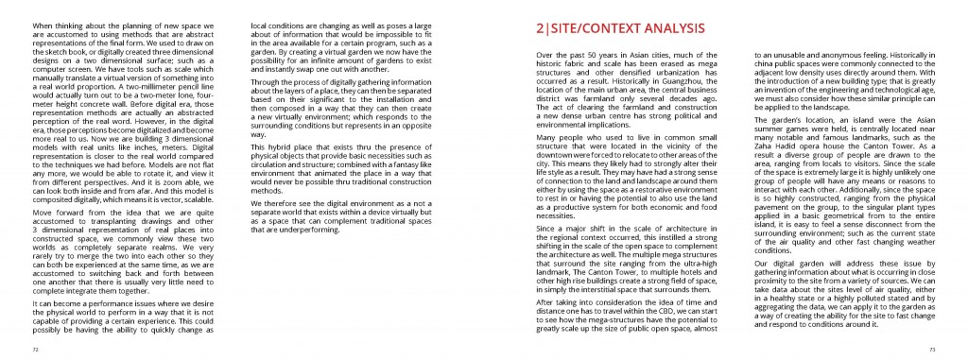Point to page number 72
[x=34, y=349]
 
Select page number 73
[x=932, y=349]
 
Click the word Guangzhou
[x=680, y=81]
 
